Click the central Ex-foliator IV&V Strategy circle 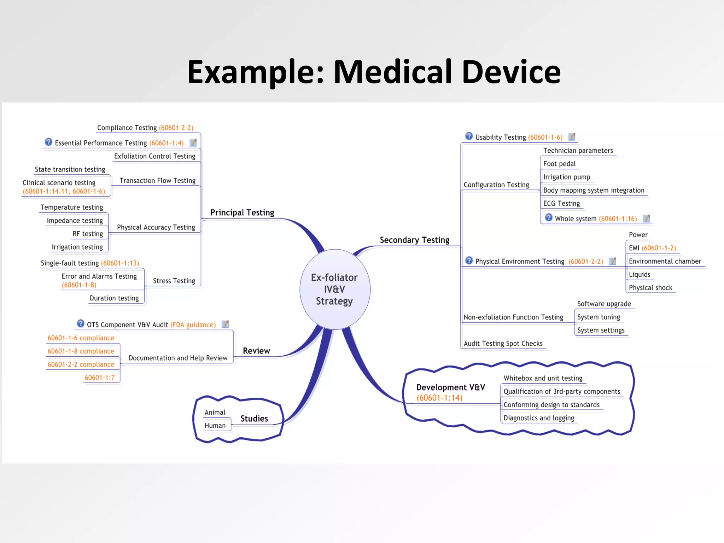[334, 289]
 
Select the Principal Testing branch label [242, 212]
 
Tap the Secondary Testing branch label [414, 240]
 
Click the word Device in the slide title [511, 72]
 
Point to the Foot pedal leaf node [559, 164]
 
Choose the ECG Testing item [561, 204]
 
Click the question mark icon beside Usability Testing [469, 136]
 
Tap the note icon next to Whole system [646, 218]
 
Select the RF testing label [88, 234]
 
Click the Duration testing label [114, 298]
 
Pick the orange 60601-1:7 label [100, 378]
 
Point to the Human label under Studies [215, 426]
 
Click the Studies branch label [254, 419]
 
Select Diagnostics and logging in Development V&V [539, 418]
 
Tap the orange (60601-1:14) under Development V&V [439, 398]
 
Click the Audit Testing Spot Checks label [503, 343]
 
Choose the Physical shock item [650, 288]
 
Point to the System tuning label [599, 317]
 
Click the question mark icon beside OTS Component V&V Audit [81, 323]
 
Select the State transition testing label [70, 169]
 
